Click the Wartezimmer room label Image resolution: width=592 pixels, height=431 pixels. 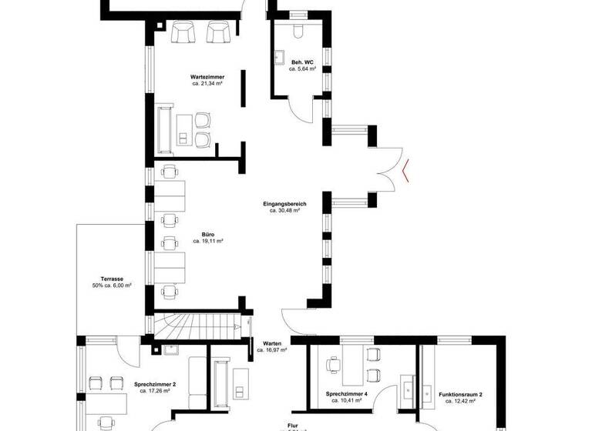[x=207, y=77]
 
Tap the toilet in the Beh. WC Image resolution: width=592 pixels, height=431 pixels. [x=299, y=30]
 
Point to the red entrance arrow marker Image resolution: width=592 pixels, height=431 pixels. [x=406, y=169]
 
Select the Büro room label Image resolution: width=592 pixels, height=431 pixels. [x=208, y=234]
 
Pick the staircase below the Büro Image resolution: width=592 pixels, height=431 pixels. [x=201, y=326]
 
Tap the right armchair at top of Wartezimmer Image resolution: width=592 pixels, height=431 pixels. [x=219, y=32]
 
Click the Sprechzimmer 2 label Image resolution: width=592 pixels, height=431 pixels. [x=155, y=383]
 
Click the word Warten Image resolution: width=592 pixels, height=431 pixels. [x=272, y=342]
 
